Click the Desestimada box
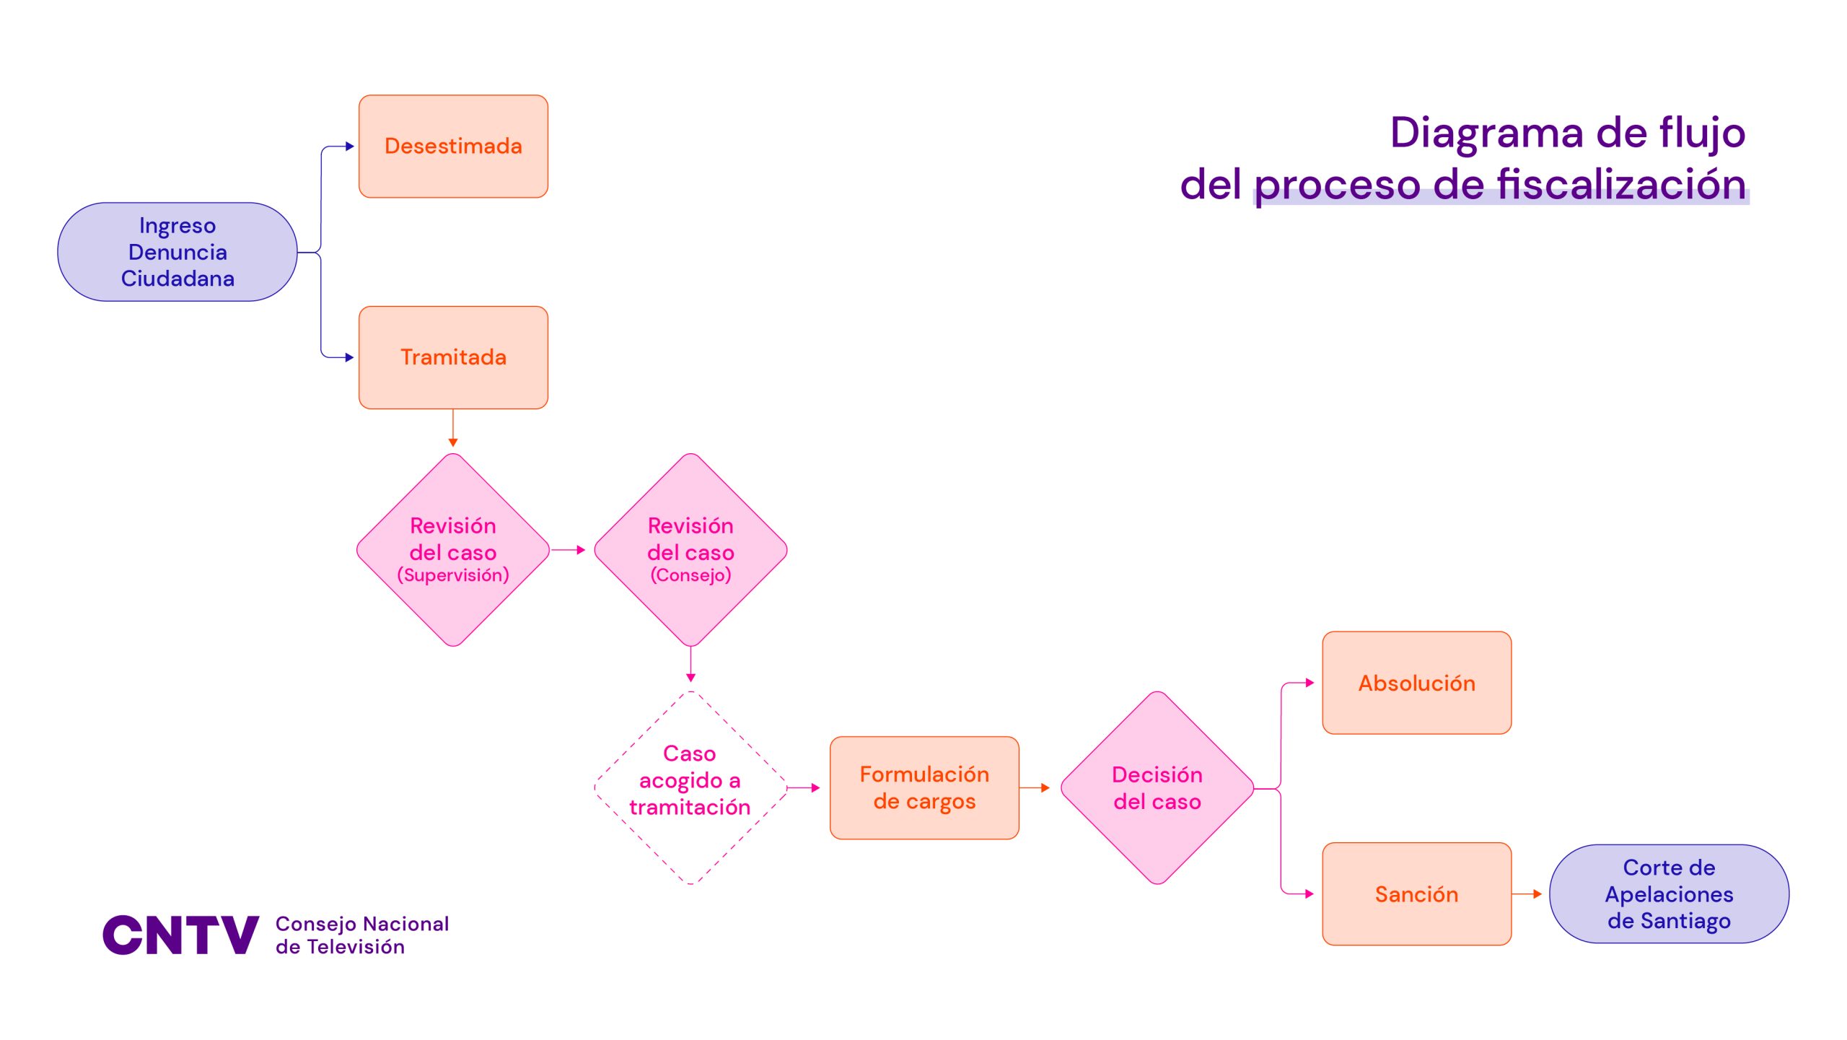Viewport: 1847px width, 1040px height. tap(453, 147)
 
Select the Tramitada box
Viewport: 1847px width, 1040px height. tap(453, 357)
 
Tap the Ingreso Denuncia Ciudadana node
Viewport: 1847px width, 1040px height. tap(177, 252)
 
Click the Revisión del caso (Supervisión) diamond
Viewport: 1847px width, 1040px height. tap(453, 550)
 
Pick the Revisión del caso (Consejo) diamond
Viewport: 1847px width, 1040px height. tap(690, 550)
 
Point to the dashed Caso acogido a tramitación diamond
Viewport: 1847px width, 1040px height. tap(690, 787)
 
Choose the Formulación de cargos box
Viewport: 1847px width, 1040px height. tap(924, 787)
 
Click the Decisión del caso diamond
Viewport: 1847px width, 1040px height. tap(1157, 787)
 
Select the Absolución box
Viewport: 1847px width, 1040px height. tap(1416, 683)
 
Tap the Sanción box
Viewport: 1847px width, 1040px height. tap(1416, 894)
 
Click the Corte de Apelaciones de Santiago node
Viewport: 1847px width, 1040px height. tap(1669, 894)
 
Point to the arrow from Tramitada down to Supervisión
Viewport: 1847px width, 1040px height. tap(453, 429)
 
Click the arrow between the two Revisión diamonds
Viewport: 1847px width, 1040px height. tap(569, 550)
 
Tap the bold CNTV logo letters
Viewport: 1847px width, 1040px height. tap(180, 935)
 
